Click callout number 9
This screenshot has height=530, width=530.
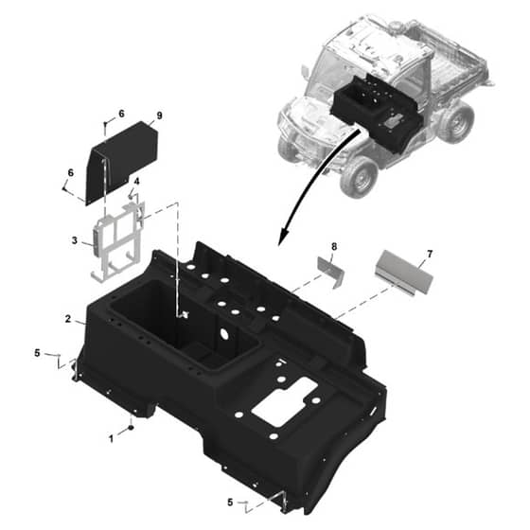(x=159, y=115)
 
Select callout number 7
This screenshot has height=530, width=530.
(x=430, y=254)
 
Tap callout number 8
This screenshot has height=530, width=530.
(x=334, y=247)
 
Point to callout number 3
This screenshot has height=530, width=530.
(x=75, y=240)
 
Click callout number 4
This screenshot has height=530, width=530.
(x=136, y=182)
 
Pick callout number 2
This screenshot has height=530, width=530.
(x=68, y=319)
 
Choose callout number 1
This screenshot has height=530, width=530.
(x=111, y=439)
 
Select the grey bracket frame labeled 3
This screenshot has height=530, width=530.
(x=116, y=240)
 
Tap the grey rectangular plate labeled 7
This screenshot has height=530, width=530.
(x=403, y=273)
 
